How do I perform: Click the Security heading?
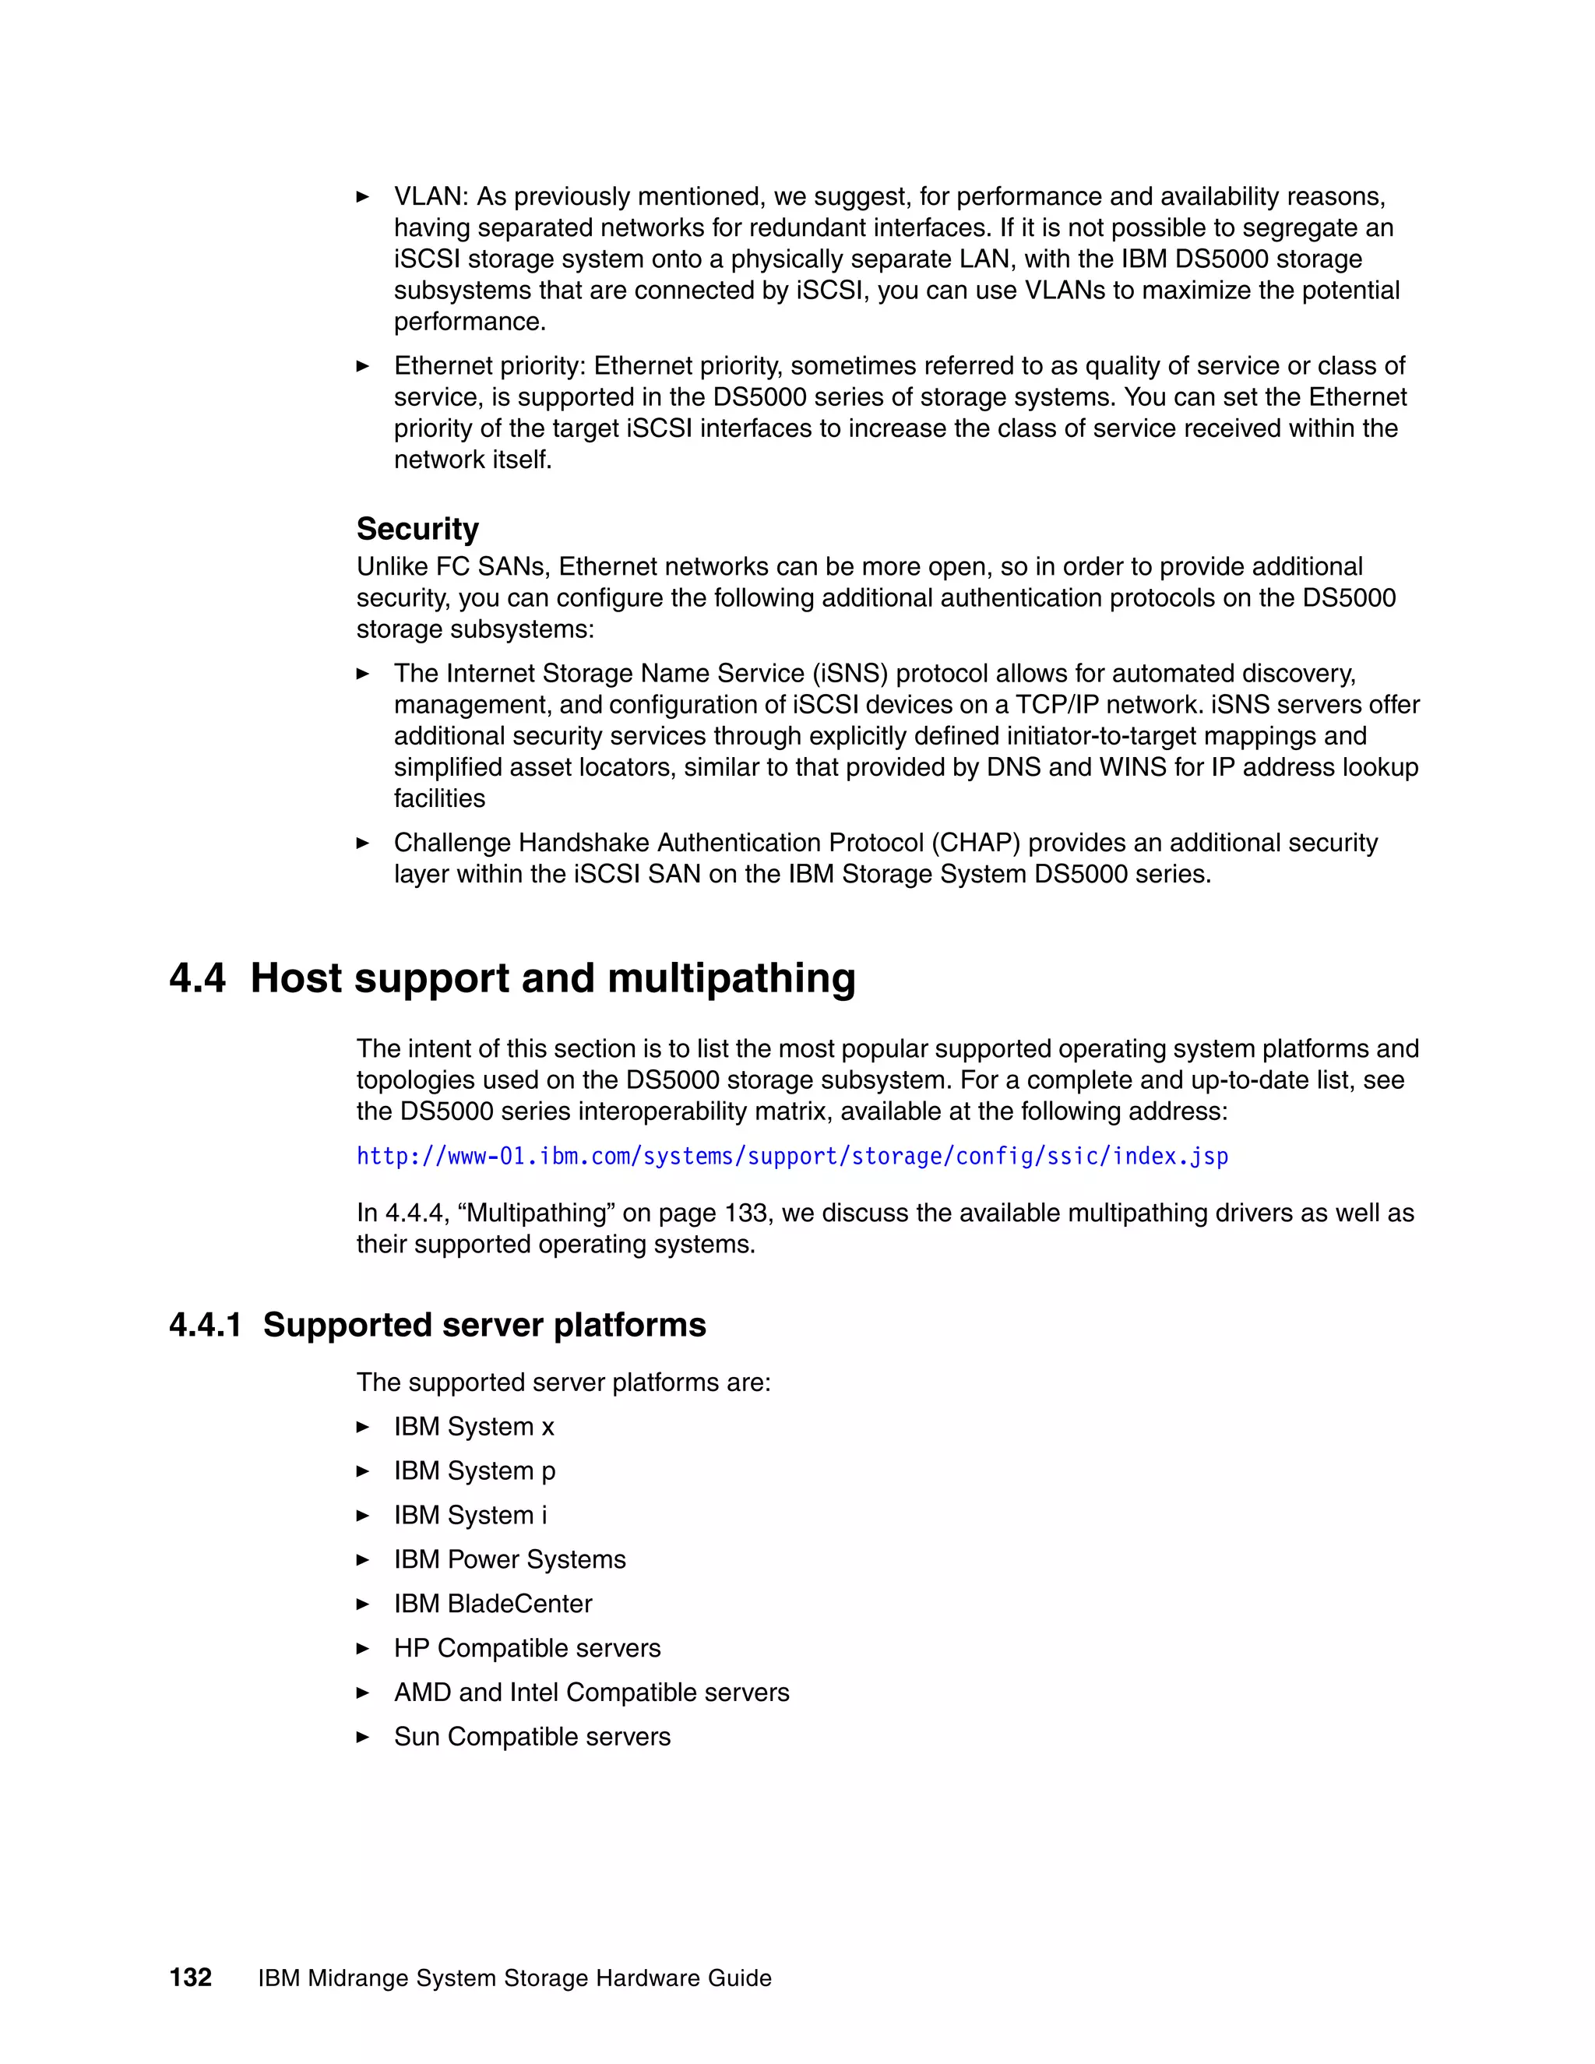(417, 529)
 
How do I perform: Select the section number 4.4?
(198, 978)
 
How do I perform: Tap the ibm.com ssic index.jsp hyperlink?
(792, 1157)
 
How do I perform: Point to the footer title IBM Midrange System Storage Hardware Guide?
(514, 1978)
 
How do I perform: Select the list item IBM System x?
(474, 1427)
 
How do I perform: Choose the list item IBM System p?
(474, 1471)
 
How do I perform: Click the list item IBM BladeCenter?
(492, 1604)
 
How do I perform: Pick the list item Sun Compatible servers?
(532, 1737)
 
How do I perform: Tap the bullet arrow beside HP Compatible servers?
(363, 1649)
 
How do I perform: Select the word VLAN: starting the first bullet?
(431, 196)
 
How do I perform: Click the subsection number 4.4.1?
(205, 1325)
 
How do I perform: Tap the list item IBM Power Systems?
(509, 1559)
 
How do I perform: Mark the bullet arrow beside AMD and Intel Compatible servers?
(363, 1693)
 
